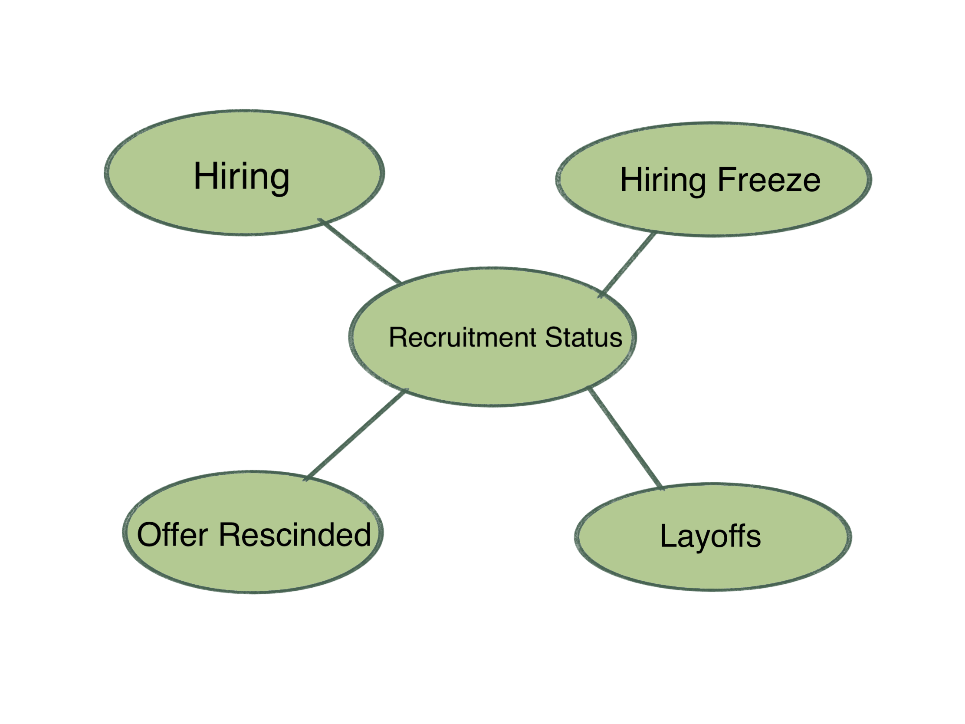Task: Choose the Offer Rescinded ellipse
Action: pyautogui.click(x=253, y=567)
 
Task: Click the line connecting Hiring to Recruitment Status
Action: pyautogui.click(x=360, y=251)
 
